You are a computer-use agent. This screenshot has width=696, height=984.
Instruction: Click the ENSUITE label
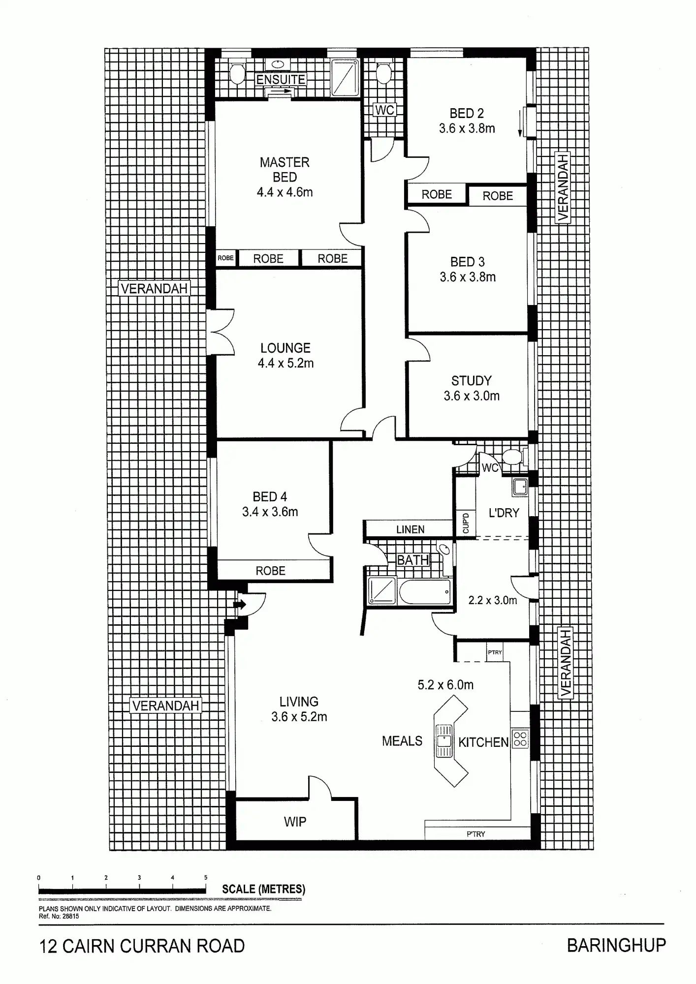(281, 79)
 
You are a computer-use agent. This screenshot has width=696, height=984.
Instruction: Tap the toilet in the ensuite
(237, 73)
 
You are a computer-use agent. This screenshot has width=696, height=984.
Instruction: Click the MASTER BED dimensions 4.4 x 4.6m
(285, 192)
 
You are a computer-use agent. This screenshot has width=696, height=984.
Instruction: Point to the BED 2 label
(467, 113)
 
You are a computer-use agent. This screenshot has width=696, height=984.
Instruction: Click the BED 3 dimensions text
(468, 277)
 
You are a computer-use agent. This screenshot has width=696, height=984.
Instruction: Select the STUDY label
(472, 380)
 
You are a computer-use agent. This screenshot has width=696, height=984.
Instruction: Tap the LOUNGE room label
(285, 348)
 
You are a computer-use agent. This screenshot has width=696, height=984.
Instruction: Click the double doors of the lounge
(221, 332)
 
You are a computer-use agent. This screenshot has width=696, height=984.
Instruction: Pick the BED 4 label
(270, 497)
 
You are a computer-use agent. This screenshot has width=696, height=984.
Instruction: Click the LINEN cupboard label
(410, 529)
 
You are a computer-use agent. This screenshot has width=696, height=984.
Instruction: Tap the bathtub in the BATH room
(425, 592)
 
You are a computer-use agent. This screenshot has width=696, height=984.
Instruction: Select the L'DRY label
(504, 513)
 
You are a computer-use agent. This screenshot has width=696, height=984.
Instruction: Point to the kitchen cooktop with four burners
(520, 738)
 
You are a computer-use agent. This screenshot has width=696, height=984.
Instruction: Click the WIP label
(295, 822)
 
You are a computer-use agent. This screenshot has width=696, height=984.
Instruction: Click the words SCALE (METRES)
(263, 889)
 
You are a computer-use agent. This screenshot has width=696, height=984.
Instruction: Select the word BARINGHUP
(616, 946)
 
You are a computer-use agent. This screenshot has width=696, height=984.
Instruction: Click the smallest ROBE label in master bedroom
(226, 258)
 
